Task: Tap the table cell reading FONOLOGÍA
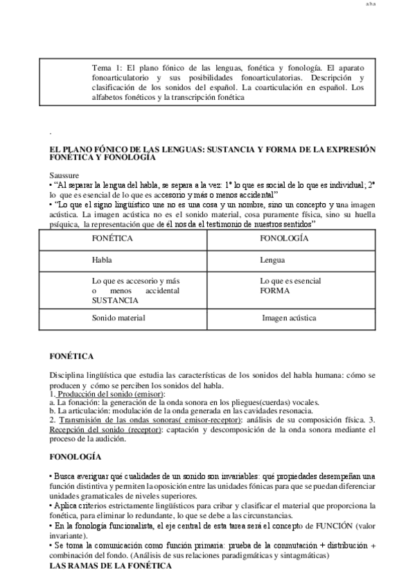tap(285, 238)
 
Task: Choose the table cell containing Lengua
tap(272, 261)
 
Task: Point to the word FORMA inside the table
tap(274, 291)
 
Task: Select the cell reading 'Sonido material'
tap(118, 318)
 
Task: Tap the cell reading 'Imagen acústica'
tap(289, 318)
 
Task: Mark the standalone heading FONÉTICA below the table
tap(71, 356)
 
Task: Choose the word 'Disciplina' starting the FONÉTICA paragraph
tap(67, 375)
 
